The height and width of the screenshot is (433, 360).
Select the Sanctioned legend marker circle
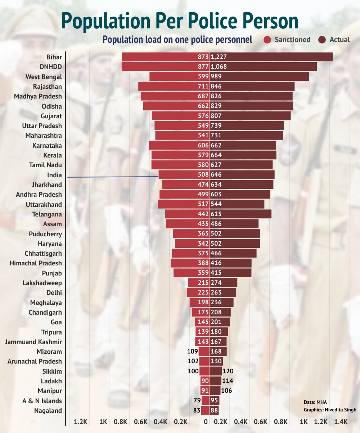click(267, 40)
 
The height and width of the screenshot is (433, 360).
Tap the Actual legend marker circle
click(322, 40)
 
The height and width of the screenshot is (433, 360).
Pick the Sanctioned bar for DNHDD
click(158, 67)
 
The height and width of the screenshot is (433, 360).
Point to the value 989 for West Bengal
click(216, 77)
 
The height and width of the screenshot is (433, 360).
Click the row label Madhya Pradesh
click(38, 96)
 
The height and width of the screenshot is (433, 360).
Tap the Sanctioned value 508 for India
click(203, 175)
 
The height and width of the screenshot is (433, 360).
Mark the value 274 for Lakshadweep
click(216, 283)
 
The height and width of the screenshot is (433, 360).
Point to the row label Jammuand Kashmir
click(33, 342)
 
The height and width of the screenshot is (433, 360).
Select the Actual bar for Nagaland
click(215, 411)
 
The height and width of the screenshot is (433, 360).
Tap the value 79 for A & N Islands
click(197, 401)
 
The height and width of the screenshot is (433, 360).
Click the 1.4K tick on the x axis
click(341, 421)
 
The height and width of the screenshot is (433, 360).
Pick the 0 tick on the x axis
click(206, 421)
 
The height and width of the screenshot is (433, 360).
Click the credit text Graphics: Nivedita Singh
click(330, 410)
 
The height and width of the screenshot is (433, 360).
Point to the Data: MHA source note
click(315, 402)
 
